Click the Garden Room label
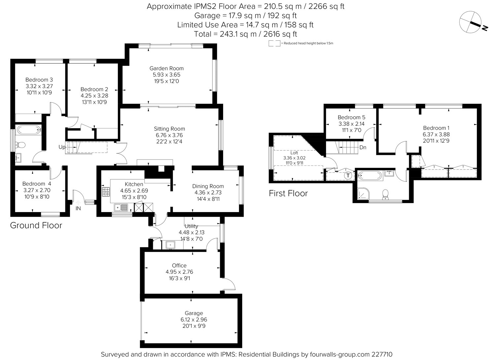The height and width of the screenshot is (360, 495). click(x=166, y=68)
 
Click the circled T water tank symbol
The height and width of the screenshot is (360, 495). click(x=348, y=175)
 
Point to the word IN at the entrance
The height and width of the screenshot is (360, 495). click(x=78, y=208)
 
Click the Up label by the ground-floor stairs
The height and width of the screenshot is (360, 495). click(x=62, y=147)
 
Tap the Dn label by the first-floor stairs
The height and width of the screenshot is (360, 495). click(x=363, y=148)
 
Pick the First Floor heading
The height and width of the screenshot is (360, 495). click(x=288, y=193)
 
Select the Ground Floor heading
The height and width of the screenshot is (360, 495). click(x=36, y=225)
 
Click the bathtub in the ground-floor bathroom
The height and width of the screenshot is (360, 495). click(x=28, y=129)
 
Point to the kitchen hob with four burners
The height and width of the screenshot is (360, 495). click(x=106, y=192)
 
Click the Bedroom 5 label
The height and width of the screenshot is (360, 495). click(x=351, y=117)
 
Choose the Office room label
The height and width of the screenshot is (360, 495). click(x=179, y=266)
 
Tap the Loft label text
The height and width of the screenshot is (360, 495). click(x=294, y=153)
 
